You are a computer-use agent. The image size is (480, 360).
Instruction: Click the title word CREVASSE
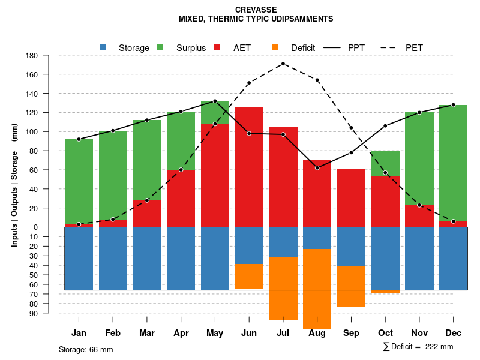(x=256, y=10)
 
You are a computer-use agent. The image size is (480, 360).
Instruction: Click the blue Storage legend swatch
(x=103, y=47)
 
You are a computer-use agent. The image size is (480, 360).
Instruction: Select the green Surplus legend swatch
(x=160, y=47)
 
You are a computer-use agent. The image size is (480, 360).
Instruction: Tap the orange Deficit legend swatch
(x=275, y=47)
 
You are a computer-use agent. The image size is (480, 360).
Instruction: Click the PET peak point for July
(x=283, y=64)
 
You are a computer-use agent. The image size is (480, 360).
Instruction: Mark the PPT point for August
(x=317, y=168)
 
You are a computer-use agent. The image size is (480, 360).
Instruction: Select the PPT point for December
(x=454, y=105)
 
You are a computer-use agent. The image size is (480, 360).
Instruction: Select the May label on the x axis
(x=215, y=333)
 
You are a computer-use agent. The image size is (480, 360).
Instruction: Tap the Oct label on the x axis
(x=385, y=333)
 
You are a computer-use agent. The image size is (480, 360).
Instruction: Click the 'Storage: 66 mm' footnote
(x=86, y=349)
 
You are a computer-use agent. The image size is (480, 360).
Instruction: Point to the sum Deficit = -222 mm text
(x=418, y=347)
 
